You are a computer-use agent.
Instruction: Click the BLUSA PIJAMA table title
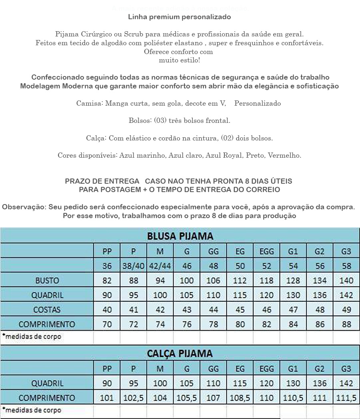(x=180, y=236)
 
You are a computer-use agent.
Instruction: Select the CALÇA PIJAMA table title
(x=180, y=353)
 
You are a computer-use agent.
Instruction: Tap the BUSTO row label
(x=47, y=281)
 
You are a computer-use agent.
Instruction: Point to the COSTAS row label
(x=47, y=310)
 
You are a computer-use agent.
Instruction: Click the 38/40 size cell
(x=134, y=266)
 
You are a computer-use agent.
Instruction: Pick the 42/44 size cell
(x=160, y=266)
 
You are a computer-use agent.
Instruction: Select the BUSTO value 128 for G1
(x=293, y=281)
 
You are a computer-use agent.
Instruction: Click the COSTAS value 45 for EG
(x=240, y=310)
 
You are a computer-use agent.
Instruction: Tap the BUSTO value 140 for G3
(x=346, y=281)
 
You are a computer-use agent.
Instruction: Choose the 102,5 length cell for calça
(x=134, y=398)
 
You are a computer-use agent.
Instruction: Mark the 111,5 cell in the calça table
(x=346, y=398)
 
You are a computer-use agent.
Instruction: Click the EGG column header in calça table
(x=266, y=369)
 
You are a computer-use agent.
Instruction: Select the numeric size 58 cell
(x=346, y=266)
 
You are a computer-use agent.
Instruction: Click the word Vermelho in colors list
(x=286, y=155)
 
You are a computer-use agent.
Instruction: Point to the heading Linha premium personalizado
(x=180, y=17)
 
